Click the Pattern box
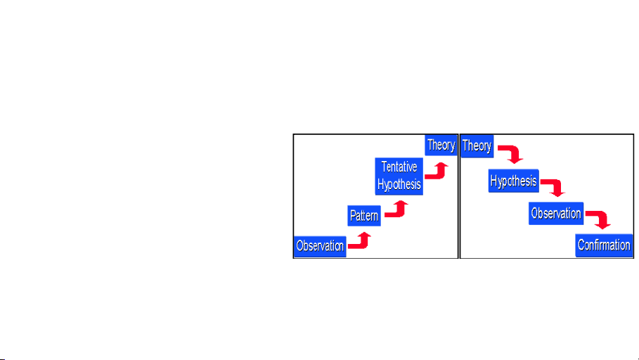point(364,215)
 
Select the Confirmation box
point(604,245)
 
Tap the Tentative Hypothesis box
point(399,176)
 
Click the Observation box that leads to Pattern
point(320,245)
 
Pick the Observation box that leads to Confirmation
point(555,213)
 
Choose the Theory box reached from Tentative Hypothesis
point(441,146)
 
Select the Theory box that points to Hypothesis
point(477,146)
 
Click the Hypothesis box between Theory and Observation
point(513,181)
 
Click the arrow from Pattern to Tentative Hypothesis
point(397,210)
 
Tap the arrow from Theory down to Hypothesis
point(511,153)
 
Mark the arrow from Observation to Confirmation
point(598,219)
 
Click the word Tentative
point(399,167)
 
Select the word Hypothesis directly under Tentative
point(399,184)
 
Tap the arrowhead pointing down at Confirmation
point(603,226)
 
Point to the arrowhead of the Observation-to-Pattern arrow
point(364,236)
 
